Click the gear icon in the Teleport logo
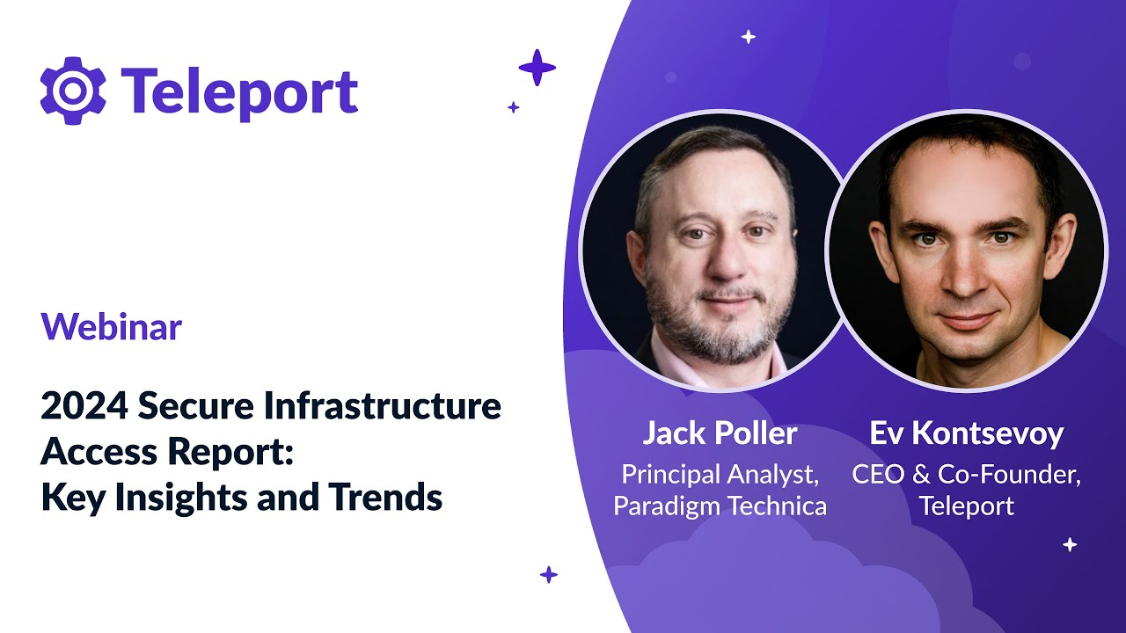click(x=73, y=90)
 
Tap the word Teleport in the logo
click(x=239, y=91)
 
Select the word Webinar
click(x=111, y=327)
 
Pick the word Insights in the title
click(x=186, y=498)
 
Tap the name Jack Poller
click(x=720, y=433)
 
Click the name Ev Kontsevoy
click(x=966, y=433)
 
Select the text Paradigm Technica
click(x=720, y=506)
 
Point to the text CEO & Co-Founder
click(x=966, y=475)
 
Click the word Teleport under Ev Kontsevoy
click(x=966, y=506)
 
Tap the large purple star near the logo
click(x=537, y=68)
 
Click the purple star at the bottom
click(x=549, y=575)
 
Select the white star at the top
click(x=749, y=37)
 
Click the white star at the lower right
click(x=1070, y=544)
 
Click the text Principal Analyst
click(x=720, y=475)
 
